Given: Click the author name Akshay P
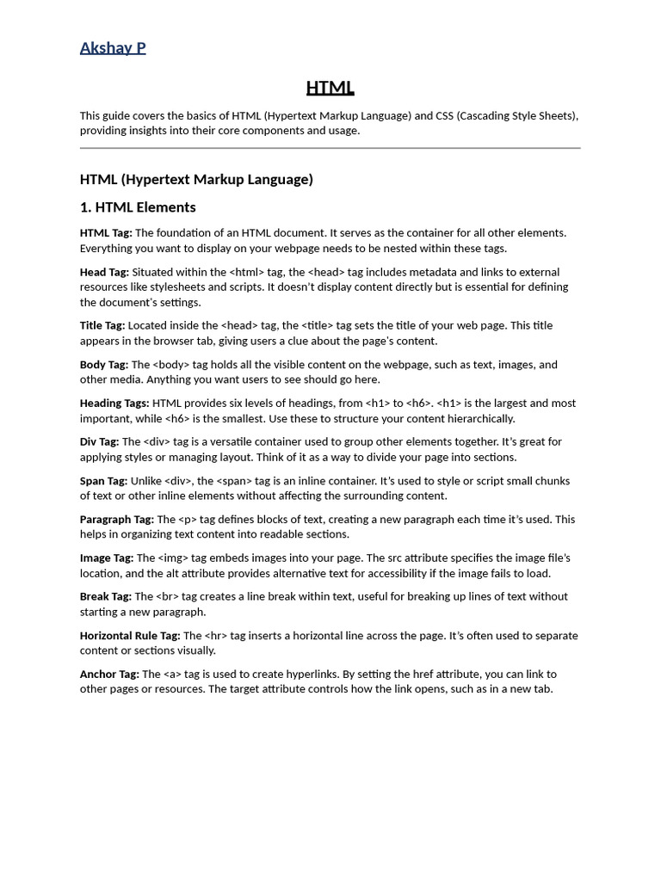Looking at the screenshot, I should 113,48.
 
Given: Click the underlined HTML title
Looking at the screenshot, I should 330,88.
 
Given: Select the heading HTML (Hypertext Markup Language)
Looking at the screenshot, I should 196,179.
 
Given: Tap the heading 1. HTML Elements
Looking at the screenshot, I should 138,207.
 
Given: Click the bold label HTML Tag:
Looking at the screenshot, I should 106,233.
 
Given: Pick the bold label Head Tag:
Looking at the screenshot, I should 104,272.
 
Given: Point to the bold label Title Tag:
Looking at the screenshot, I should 102,325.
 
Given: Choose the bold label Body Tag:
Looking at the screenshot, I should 104,365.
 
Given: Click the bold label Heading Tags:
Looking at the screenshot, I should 114,404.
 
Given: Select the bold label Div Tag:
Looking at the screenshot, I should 99,442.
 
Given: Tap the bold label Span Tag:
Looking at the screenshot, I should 103,481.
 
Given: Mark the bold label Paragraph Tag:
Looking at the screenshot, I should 117,520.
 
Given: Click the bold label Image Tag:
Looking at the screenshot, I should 107,558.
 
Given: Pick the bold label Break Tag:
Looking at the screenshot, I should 106,597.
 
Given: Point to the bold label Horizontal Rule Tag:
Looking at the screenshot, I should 129,636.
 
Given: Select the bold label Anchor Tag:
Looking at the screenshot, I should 109,675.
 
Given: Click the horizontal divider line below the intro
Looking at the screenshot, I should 330,148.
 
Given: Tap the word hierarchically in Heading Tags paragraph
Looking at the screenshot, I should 476,419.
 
